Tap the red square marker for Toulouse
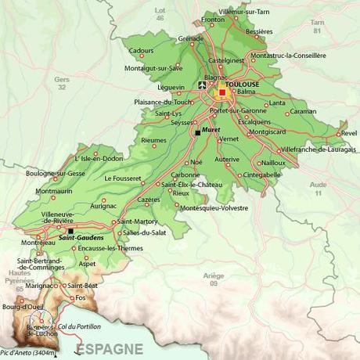click(222, 92)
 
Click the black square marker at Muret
click(197, 132)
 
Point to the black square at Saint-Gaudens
click(70, 231)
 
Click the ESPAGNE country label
click(109, 348)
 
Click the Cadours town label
click(142, 50)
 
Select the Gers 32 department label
click(62, 82)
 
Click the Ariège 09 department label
click(213, 279)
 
